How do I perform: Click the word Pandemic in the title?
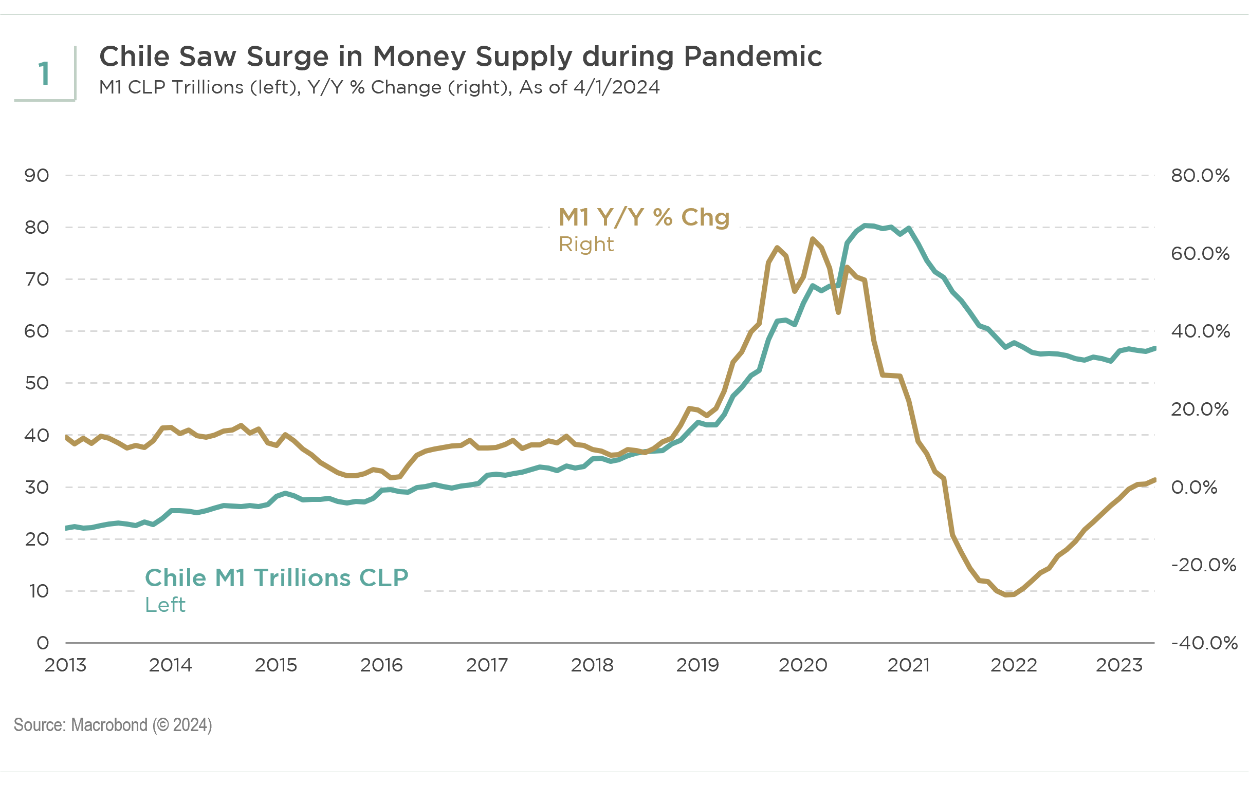pyautogui.click(x=752, y=56)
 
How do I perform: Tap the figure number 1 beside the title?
pyautogui.click(x=44, y=73)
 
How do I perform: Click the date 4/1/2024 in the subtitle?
pyautogui.click(x=616, y=87)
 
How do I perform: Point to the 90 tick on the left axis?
pyautogui.click(x=36, y=175)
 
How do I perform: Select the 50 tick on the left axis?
pyautogui.click(x=36, y=383)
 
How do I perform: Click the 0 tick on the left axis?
pyautogui.click(x=43, y=643)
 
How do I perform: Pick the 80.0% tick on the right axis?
pyautogui.click(x=1200, y=175)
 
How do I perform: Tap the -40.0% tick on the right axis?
pyautogui.click(x=1204, y=643)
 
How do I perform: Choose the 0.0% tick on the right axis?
pyautogui.click(x=1193, y=488)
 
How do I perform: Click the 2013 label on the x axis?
pyautogui.click(x=65, y=665)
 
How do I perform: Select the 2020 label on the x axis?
pyautogui.click(x=803, y=665)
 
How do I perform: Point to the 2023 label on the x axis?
pyautogui.click(x=1119, y=665)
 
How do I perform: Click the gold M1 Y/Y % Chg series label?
pyautogui.click(x=644, y=217)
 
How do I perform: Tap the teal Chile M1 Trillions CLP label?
pyautogui.click(x=277, y=577)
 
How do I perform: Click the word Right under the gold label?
pyautogui.click(x=586, y=244)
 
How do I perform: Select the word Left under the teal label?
pyautogui.click(x=165, y=605)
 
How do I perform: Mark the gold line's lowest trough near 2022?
pyautogui.click(x=1006, y=595)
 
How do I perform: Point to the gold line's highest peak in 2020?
pyautogui.click(x=813, y=238)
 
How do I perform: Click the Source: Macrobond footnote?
pyautogui.click(x=113, y=725)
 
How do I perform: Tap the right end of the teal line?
pyautogui.click(x=1154, y=348)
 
